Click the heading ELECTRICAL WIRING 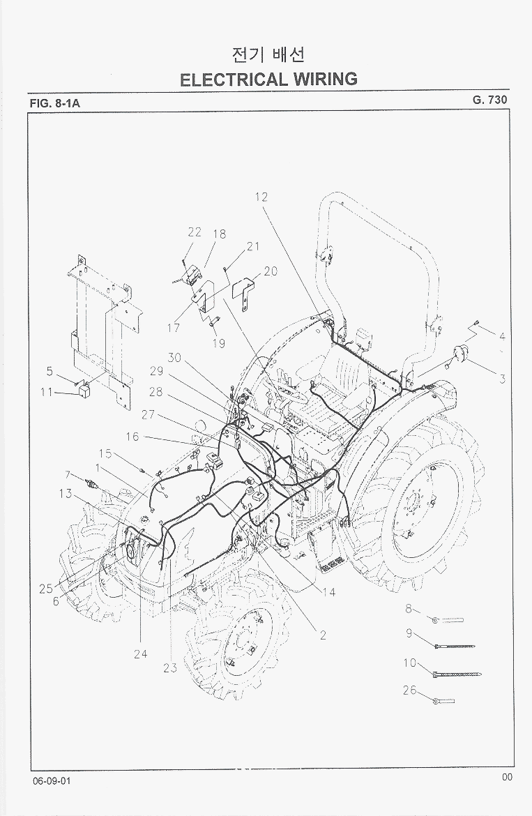268,78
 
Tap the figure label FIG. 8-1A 55,103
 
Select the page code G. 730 489,100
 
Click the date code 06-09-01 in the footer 51,780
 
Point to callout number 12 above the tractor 261,197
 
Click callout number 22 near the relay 195,232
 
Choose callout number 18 220,234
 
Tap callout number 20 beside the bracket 271,271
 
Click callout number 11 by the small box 47,392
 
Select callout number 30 174,358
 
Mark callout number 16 132,437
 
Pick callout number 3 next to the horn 501,379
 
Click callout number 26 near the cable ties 409,690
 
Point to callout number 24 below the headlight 140,654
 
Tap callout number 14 328,592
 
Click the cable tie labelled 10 457,674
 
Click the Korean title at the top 268,54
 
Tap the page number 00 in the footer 507,777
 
